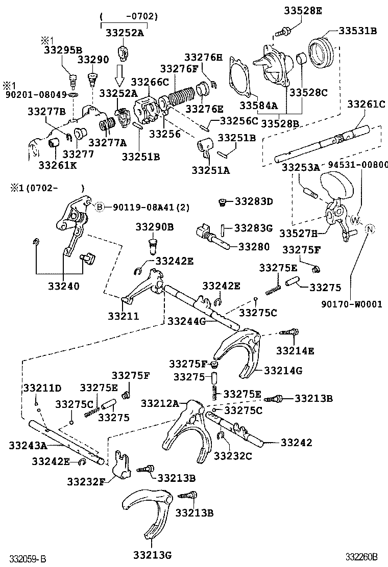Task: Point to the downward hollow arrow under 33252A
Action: pyautogui.click(x=119, y=74)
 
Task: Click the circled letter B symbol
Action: pyautogui.click(x=100, y=207)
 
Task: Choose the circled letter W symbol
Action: pyautogui.click(x=355, y=219)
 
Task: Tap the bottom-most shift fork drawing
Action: pyautogui.click(x=148, y=510)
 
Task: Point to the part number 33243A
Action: pyautogui.click(x=28, y=445)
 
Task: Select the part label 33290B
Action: pyautogui.click(x=155, y=226)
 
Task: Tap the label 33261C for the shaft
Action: pyautogui.click(x=367, y=104)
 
